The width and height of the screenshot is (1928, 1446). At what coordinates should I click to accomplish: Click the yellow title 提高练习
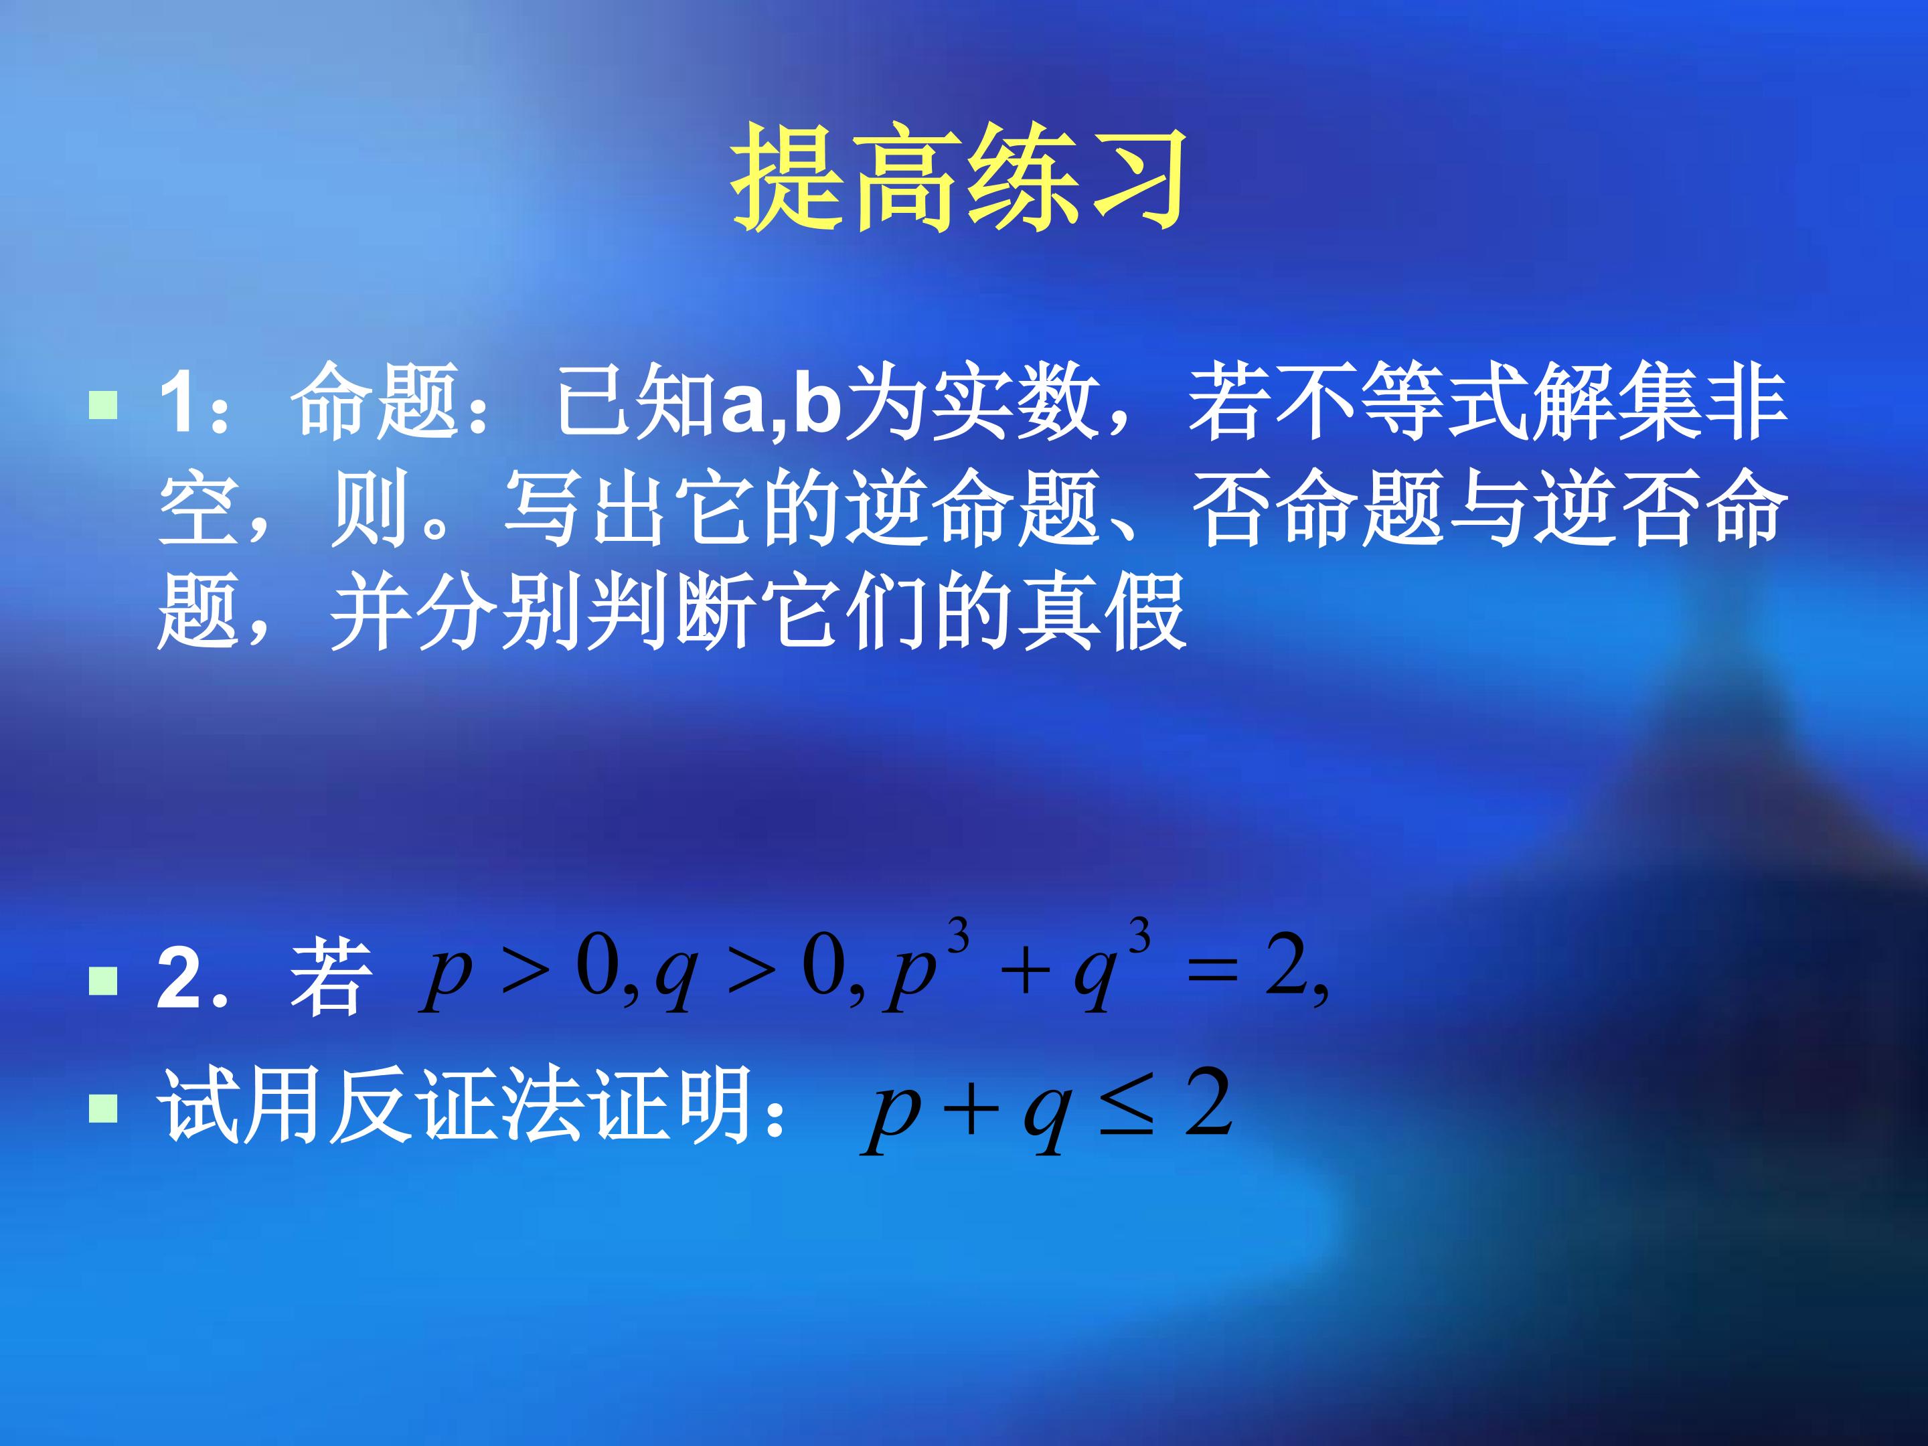click(959, 178)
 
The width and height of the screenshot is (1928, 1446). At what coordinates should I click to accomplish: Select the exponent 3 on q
click(1139, 937)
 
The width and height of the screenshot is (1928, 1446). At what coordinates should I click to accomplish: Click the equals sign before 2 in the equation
click(1212, 973)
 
